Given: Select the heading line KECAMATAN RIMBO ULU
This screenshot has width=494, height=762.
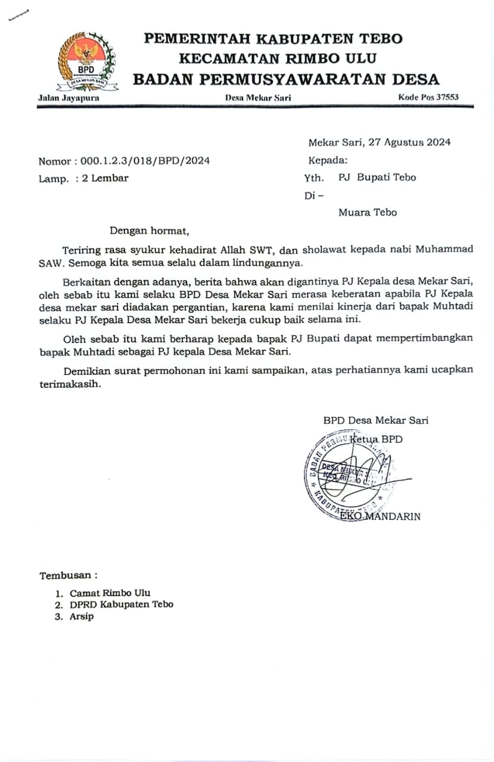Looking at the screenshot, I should tap(277, 58).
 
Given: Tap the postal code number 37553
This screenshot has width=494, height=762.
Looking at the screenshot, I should tap(447, 97).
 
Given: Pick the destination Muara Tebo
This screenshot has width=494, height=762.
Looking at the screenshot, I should tap(367, 213).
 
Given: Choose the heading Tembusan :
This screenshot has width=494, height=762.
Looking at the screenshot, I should tap(68, 576).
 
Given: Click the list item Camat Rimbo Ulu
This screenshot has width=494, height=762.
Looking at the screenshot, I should tap(110, 593).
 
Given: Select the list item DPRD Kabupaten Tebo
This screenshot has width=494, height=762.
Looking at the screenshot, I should tap(122, 604).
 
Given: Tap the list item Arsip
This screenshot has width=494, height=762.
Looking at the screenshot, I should tap(82, 616).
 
